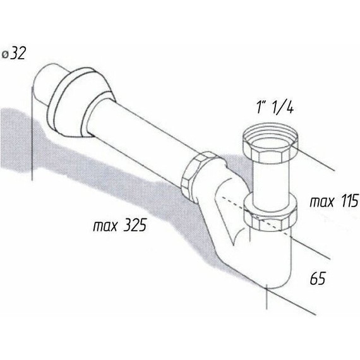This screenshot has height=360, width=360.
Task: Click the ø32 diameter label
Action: (x=14, y=54)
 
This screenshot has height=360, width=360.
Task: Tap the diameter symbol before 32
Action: (x=5, y=55)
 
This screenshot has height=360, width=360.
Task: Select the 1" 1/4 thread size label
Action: (x=275, y=107)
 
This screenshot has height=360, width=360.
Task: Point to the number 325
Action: (x=135, y=225)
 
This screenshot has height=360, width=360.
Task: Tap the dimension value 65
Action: (x=318, y=279)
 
